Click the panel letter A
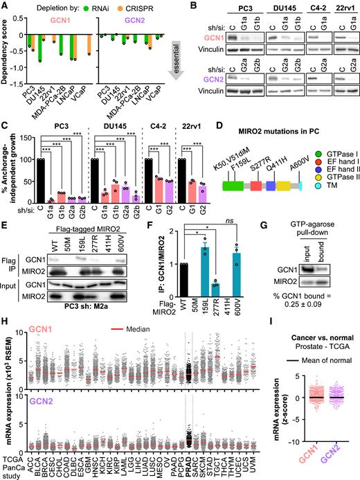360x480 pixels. tap(5, 6)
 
